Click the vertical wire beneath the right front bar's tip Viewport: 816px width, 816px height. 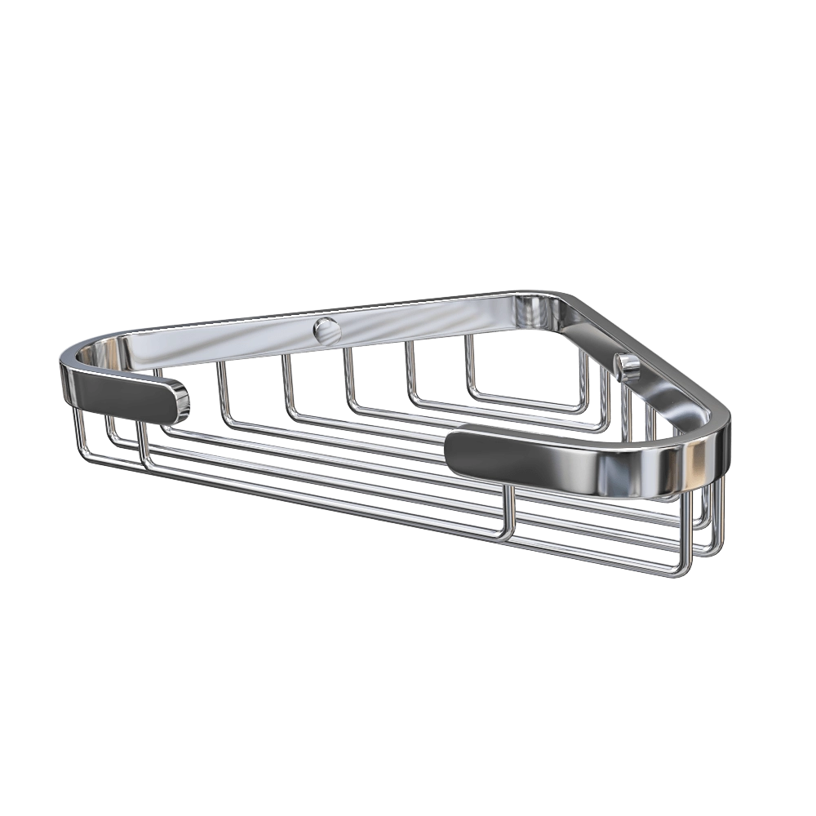point(512,510)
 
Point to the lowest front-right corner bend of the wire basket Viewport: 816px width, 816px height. point(684,571)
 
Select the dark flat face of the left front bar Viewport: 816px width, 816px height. point(122,396)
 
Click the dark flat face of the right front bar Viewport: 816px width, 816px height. point(522,461)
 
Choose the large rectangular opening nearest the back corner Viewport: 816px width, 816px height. point(526,367)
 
